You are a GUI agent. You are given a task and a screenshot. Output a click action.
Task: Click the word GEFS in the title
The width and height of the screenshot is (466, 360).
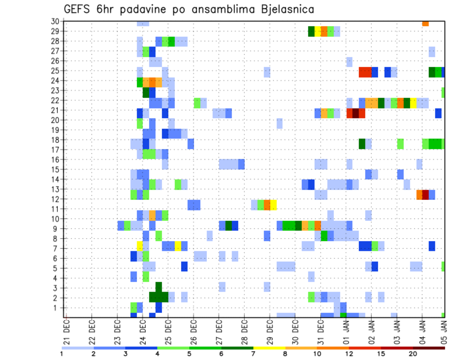pyautogui.click(x=79, y=9)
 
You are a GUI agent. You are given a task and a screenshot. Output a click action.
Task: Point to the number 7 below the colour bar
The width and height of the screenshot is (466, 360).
pyautogui.click(x=253, y=353)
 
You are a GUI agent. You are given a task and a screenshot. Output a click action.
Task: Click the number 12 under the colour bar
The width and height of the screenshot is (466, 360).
pyautogui.click(x=349, y=353)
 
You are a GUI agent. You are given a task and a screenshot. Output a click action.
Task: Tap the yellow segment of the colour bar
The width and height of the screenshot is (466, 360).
pyautogui.click(x=269, y=348)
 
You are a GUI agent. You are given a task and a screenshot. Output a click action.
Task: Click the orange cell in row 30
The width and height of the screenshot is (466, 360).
pyautogui.click(x=425, y=23)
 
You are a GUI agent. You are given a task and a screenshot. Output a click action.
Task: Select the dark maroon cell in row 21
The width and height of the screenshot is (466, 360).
pyautogui.click(x=355, y=113)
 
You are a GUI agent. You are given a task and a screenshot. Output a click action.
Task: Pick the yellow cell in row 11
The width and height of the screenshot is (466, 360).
pyautogui.click(x=273, y=205)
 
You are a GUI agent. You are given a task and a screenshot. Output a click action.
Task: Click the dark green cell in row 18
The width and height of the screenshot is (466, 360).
pyautogui.click(x=362, y=144)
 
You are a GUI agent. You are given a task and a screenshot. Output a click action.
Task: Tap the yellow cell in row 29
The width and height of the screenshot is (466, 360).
pyautogui.click(x=318, y=32)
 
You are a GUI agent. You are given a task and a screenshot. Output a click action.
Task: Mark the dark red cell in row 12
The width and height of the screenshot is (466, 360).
pyautogui.click(x=425, y=195)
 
